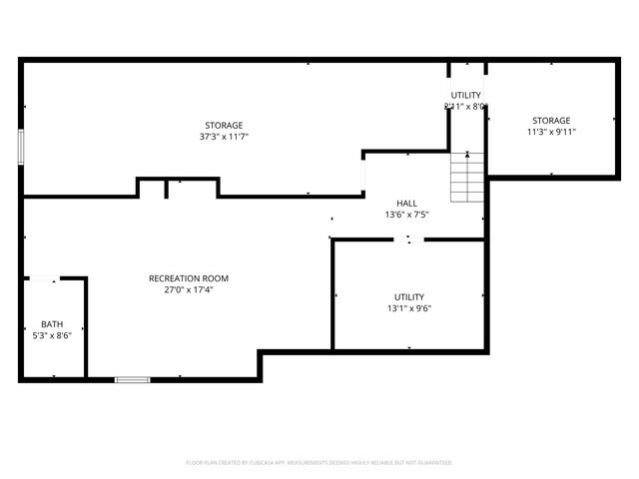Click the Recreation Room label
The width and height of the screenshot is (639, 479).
pyautogui.click(x=189, y=278)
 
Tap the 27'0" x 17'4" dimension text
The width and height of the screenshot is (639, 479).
pyautogui.click(x=189, y=290)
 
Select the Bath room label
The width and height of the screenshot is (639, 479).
pyautogui.click(x=51, y=324)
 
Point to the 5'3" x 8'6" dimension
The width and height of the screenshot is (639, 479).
pyautogui.click(x=51, y=336)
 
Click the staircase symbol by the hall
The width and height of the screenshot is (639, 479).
pyautogui.click(x=466, y=177)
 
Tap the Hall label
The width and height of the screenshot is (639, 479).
pyautogui.click(x=406, y=203)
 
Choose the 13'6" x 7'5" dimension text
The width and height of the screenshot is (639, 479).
pyautogui.click(x=406, y=215)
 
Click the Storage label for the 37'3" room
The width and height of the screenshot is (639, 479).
pyautogui.click(x=224, y=125)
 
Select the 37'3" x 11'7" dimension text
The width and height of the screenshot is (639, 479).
pyautogui.click(x=224, y=137)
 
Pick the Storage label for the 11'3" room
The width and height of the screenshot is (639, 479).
pyautogui.click(x=551, y=120)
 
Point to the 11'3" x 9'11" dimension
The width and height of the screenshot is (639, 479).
pyautogui.click(x=551, y=132)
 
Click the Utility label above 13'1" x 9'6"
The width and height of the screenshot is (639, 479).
pyautogui.click(x=409, y=296)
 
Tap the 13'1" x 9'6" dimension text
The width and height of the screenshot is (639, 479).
pyautogui.click(x=409, y=308)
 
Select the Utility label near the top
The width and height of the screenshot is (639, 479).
pyautogui.click(x=466, y=95)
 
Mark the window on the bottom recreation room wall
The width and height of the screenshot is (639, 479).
pyautogui.click(x=132, y=379)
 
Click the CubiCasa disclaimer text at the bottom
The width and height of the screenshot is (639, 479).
pyautogui.click(x=319, y=463)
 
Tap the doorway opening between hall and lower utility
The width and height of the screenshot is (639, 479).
pyautogui.click(x=408, y=239)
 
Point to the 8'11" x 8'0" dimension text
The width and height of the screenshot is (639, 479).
pyautogui.click(x=465, y=107)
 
